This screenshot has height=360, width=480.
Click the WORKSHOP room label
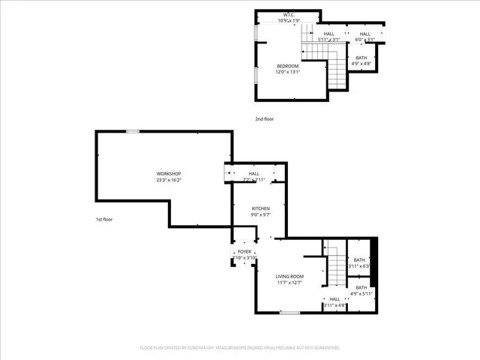[169, 174]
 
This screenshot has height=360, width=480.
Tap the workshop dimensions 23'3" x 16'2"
[169, 180]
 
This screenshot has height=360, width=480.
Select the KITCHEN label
[260, 208]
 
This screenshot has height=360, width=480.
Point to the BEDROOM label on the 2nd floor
[288, 67]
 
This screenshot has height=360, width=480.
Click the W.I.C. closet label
[289, 15]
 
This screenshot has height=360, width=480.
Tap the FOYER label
[244, 252]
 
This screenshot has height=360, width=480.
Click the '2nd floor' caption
[263, 119]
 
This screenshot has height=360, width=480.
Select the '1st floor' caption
[103, 219]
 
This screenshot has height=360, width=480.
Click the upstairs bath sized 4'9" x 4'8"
[361, 61]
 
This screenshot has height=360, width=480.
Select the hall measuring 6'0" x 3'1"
[364, 37]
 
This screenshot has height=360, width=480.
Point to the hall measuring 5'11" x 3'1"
[329, 37]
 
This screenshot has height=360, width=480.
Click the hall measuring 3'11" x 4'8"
[334, 302]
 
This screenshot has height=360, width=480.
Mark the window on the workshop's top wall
[132, 131]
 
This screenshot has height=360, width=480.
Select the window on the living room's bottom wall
[289, 312]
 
